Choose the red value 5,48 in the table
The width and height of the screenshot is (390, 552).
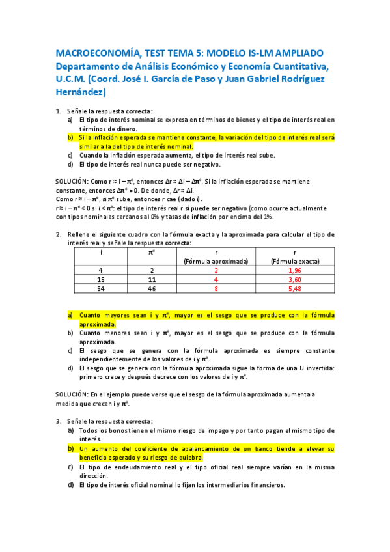[x=294, y=288]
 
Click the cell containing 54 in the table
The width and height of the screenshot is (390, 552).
[x=101, y=288]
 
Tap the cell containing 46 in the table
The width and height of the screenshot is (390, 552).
[x=152, y=288]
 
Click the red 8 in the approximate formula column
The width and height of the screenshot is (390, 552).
[x=216, y=288]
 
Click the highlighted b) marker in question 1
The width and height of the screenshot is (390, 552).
[x=70, y=138]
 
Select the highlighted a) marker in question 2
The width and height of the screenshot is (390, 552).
[x=70, y=315]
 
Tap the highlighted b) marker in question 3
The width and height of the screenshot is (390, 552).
[x=70, y=449]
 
